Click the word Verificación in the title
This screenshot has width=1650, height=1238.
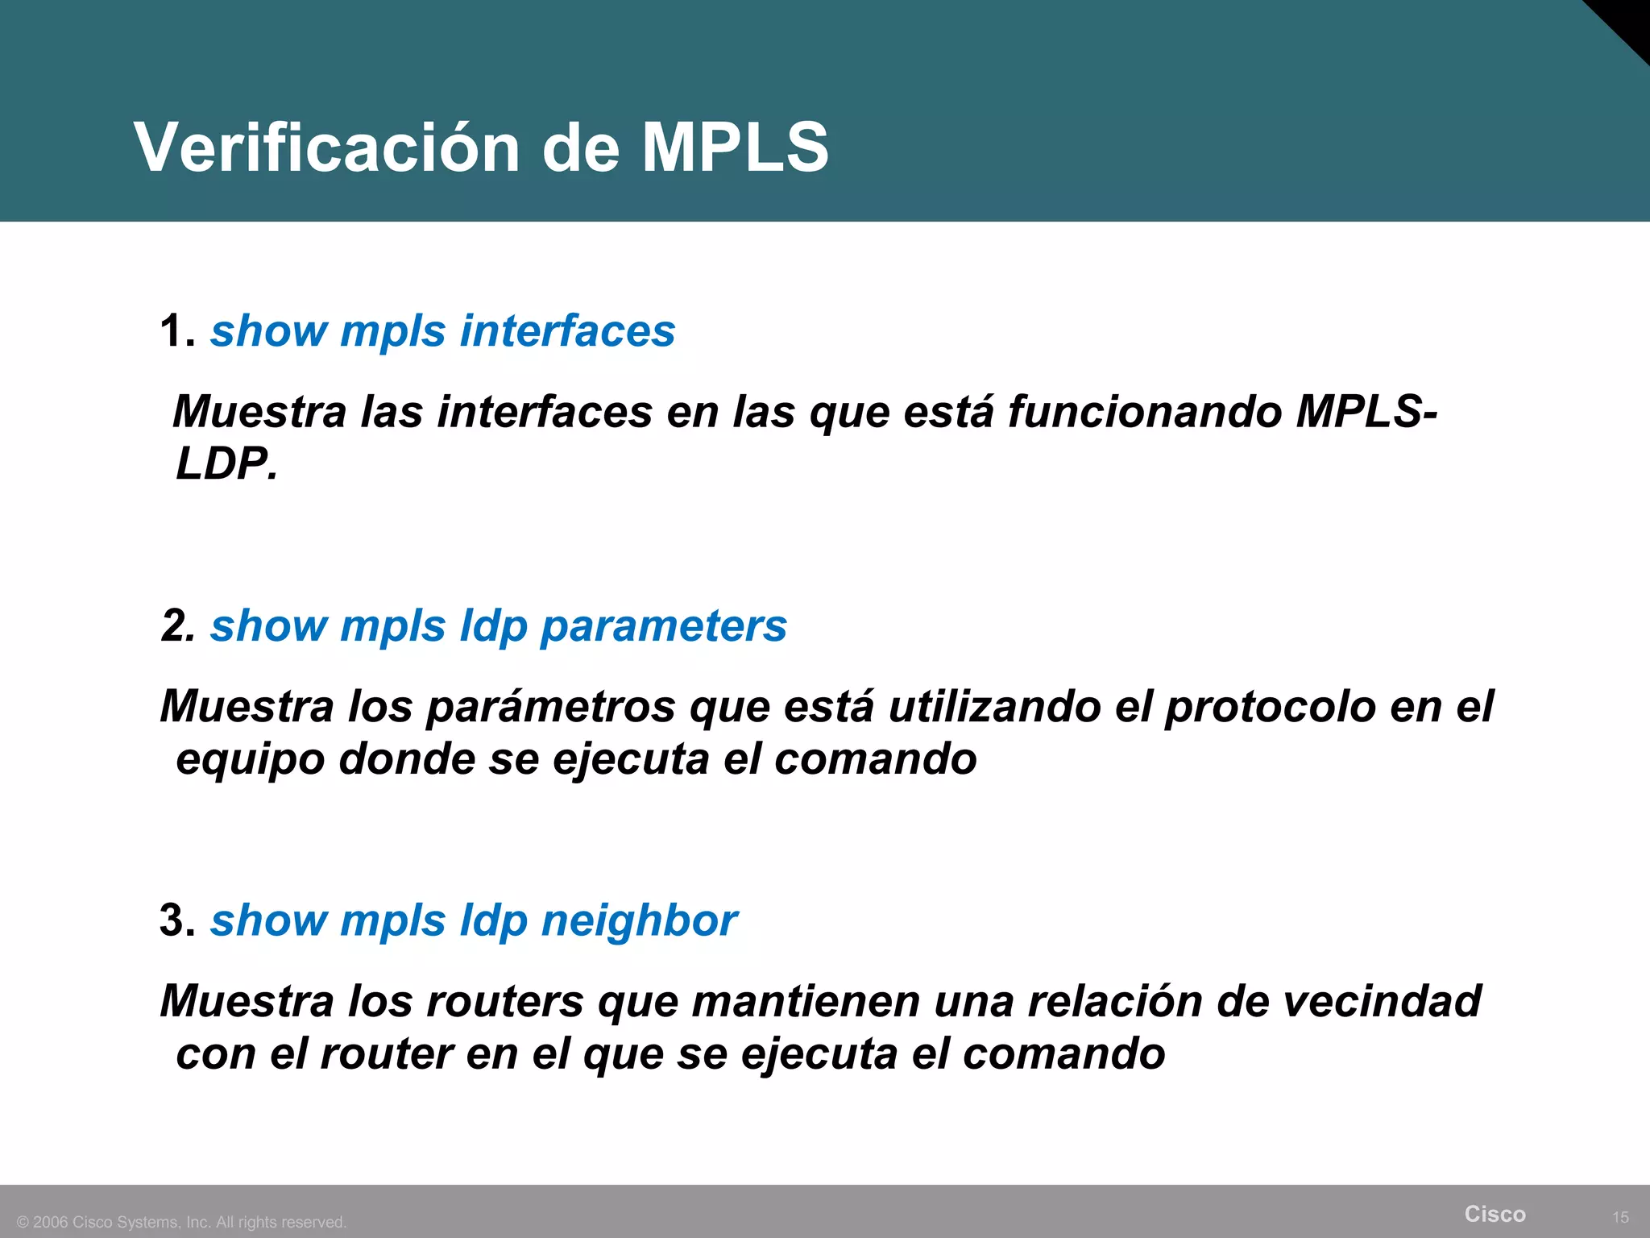click(x=327, y=147)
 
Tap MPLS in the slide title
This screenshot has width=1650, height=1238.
click(x=735, y=147)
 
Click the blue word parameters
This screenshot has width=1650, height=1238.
click(x=663, y=626)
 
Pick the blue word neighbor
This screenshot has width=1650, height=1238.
click(x=639, y=920)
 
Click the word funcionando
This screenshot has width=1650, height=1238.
click(x=1145, y=412)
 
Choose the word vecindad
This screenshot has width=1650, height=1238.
click(x=1381, y=1001)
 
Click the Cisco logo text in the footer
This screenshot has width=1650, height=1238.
click(x=1495, y=1214)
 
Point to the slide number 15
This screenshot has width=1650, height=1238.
click(x=1620, y=1217)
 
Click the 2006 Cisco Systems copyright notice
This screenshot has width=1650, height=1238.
click(x=182, y=1222)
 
